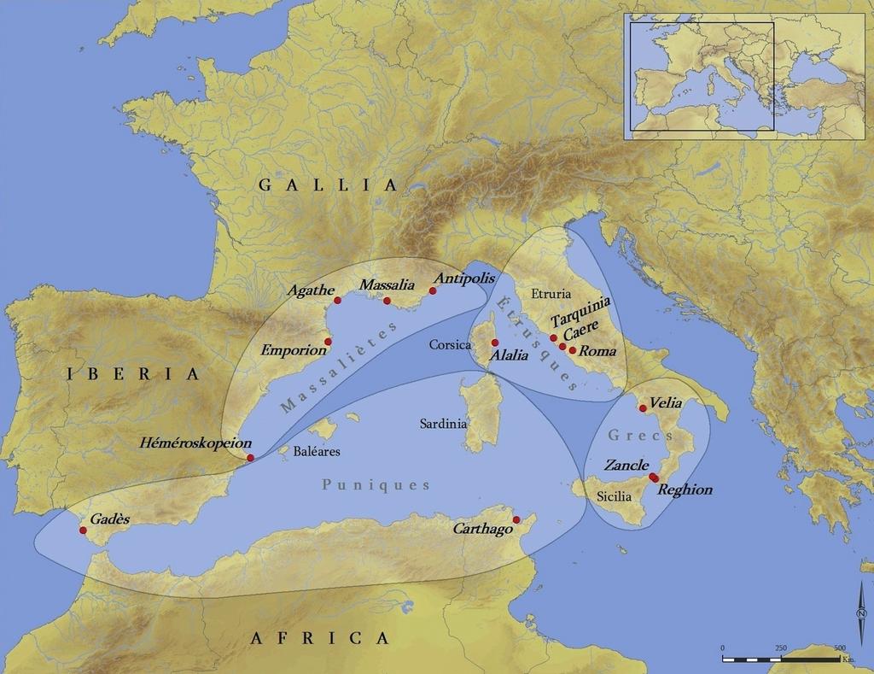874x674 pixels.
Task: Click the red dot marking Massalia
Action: [x=387, y=301]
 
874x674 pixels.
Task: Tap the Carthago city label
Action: [x=482, y=529]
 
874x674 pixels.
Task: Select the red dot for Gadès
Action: [x=83, y=530]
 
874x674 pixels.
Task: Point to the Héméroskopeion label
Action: [x=195, y=443]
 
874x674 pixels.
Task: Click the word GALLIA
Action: [x=328, y=185]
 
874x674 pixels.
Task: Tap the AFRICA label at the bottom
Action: [x=320, y=638]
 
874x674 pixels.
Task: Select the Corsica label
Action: [x=451, y=345]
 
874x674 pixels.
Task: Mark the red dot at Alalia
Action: [x=495, y=343]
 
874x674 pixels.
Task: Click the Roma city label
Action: [x=597, y=351]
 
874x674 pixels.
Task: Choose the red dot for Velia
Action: [x=643, y=408]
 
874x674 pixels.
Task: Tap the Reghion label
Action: [x=685, y=490]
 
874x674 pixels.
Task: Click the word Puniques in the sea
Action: [x=376, y=484]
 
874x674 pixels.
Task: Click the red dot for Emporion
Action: [x=328, y=341]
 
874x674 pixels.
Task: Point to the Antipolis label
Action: [x=464, y=278]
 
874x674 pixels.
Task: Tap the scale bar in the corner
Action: [x=780, y=659]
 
